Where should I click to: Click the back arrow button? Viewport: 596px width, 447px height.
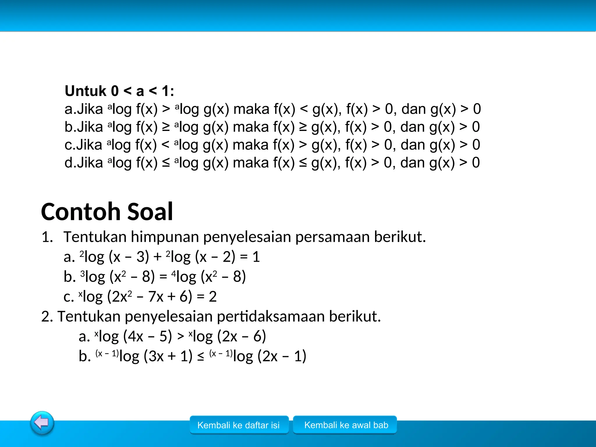(x=42, y=423)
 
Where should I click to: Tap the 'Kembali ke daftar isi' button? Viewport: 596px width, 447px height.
(x=239, y=425)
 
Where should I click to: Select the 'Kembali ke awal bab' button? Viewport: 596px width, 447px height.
(x=346, y=425)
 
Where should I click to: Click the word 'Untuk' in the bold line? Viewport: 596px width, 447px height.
(x=86, y=91)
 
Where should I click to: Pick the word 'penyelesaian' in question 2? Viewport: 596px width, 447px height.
(x=168, y=316)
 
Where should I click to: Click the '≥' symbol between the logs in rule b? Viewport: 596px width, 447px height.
(x=166, y=127)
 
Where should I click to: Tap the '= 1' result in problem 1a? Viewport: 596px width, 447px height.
(x=250, y=257)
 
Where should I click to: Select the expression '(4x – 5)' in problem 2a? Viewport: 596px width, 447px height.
(x=148, y=336)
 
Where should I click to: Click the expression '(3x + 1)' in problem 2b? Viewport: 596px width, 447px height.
(x=168, y=356)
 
